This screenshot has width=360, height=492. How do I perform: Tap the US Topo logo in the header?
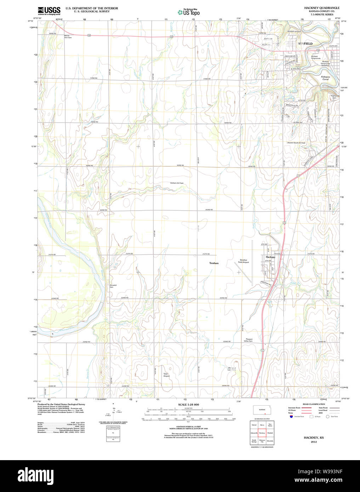pos(189,12)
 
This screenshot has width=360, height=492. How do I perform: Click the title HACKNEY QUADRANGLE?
pos(321,8)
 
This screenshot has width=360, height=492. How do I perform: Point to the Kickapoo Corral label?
pos(325,78)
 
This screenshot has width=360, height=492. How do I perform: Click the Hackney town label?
pos(270,257)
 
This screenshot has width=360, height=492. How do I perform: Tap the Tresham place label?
pos(214,263)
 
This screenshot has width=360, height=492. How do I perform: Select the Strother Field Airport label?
pos(244,261)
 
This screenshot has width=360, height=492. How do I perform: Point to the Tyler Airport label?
pos(166,375)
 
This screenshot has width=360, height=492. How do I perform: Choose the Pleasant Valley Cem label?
pos(248,340)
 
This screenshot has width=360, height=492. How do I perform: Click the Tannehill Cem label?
pos(113,286)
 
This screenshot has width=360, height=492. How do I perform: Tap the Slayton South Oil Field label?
pos(296,143)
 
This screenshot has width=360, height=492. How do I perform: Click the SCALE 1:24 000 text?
pos(188,405)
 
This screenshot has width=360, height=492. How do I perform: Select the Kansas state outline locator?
pos(262,410)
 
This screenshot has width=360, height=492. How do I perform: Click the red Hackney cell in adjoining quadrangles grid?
pos(262,433)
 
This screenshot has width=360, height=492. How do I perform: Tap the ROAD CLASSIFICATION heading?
pos(314,404)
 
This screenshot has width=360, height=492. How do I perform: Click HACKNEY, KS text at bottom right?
pos(313,438)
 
